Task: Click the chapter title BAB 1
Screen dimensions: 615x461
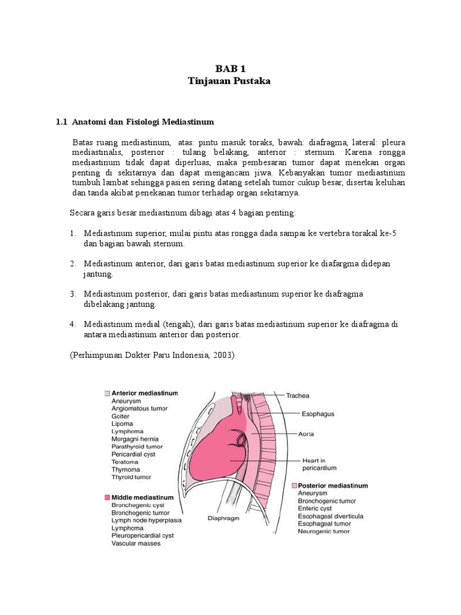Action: coord(230,68)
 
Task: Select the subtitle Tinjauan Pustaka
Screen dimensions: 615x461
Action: coord(230,81)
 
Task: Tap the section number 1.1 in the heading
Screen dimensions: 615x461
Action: coord(61,122)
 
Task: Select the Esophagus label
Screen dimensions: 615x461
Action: coord(318,414)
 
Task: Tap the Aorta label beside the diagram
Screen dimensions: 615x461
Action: coord(307,433)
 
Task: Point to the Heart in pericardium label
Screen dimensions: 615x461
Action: coord(319,464)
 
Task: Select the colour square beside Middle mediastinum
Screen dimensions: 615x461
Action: coord(106,498)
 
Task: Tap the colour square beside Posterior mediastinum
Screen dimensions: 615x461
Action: coord(294,485)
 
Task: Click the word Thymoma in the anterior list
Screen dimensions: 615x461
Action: coord(127,470)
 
